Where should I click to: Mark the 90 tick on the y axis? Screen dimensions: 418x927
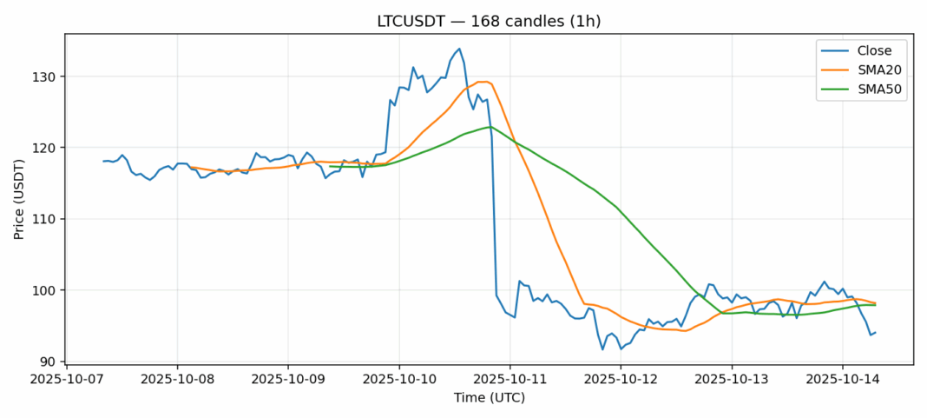coord(49,362)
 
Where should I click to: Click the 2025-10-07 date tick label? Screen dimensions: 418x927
coord(66,380)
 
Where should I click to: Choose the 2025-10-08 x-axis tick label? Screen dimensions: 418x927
coord(177,380)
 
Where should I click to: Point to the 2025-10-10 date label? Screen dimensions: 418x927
coord(398,380)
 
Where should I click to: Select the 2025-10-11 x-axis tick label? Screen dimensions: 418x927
coord(510,380)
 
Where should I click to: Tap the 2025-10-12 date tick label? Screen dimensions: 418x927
coord(621,380)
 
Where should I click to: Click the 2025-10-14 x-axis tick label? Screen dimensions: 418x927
coord(842,380)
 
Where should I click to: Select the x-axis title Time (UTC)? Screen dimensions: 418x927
coord(489,398)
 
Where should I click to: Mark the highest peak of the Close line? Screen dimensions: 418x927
coord(459,49)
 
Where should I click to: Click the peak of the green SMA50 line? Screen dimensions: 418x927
coord(490,127)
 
